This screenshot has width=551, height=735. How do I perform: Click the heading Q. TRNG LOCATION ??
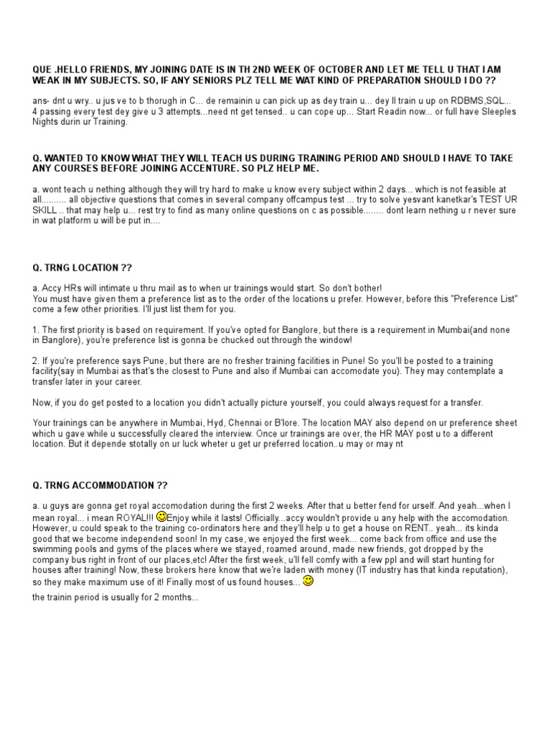point(83,268)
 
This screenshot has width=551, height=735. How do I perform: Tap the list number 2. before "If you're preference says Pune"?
point(36,360)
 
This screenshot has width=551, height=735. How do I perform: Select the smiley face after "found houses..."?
point(308,581)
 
